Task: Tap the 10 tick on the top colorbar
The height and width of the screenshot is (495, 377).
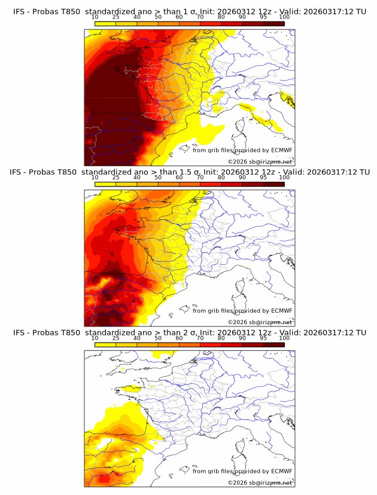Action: pos(95,17)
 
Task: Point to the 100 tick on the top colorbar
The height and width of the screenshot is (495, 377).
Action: pos(284,17)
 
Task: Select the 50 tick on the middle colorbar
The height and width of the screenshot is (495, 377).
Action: pos(158,178)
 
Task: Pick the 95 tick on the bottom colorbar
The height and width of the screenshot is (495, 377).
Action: pos(263,338)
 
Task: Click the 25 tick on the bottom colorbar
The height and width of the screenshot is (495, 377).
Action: pos(116,338)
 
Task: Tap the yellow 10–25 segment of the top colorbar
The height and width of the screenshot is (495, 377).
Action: pos(105,23)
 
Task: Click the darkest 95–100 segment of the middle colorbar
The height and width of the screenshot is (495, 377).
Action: pos(273,184)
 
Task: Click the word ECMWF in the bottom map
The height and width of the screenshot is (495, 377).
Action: pos(282,471)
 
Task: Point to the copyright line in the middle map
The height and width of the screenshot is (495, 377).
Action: pos(260,322)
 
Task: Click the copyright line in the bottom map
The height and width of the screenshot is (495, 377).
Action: pos(260,482)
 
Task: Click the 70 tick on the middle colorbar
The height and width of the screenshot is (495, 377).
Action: pos(200,178)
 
